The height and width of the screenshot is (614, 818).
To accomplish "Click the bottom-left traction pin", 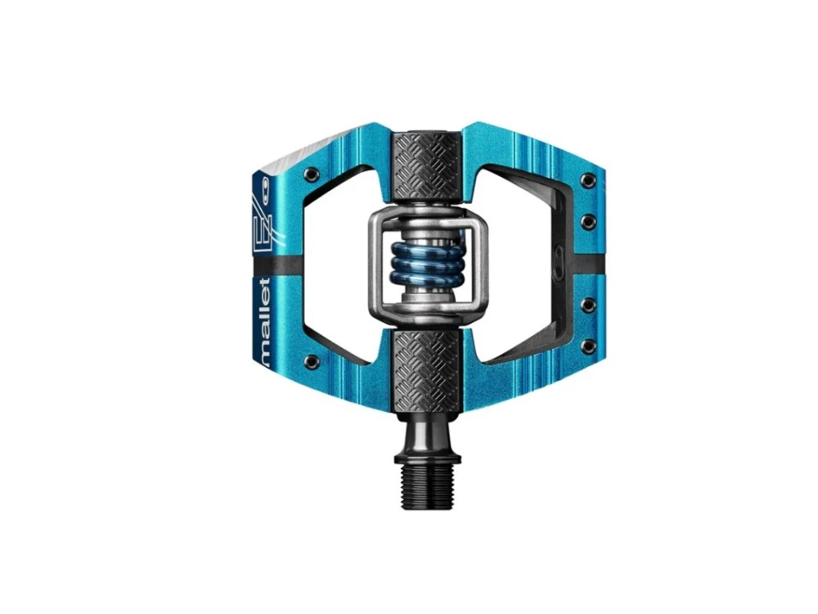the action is [312, 359].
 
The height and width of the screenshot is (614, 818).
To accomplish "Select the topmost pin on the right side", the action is [589, 181].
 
